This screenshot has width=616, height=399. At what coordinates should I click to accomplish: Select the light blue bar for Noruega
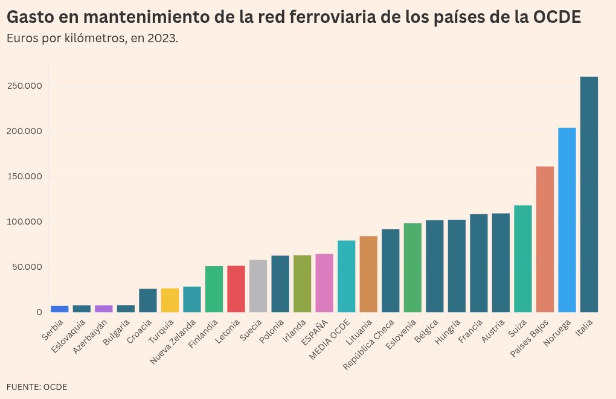[x=567, y=220]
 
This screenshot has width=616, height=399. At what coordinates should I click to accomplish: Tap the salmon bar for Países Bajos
[x=545, y=239]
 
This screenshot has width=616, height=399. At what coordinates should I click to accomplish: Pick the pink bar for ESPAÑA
[x=324, y=283]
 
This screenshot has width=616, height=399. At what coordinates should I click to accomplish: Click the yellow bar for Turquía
[x=170, y=300]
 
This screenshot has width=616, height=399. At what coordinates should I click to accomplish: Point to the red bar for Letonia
[x=236, y=289]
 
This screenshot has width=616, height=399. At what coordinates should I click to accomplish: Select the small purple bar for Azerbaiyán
[x=104, y=308]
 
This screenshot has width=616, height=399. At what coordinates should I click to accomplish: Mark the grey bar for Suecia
[x=258, y=286]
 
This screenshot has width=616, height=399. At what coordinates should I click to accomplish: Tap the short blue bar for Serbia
[x=59, y=309]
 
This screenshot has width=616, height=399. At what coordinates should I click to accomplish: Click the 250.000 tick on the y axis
[x=25, y=86]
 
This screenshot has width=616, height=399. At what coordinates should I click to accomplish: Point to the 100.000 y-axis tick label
[x=25, y=222]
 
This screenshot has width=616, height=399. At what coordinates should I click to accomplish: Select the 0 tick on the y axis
[x=39, y=312]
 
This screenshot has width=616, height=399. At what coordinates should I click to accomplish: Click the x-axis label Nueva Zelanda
[x=173, y=342]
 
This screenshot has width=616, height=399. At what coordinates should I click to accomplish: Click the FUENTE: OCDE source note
[x=37, y=387]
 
